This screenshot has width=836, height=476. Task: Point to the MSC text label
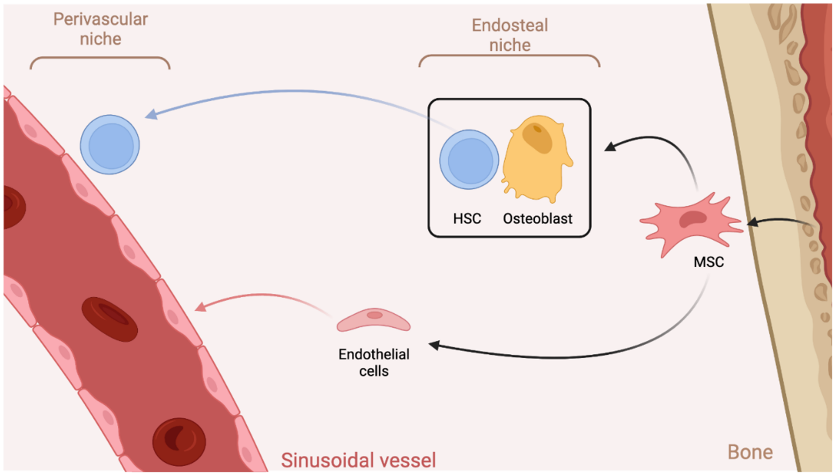[709, 262]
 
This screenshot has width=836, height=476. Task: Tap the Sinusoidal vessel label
[358, 460]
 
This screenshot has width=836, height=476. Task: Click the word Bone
[750, 452]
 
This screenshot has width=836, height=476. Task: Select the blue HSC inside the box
[469, 160]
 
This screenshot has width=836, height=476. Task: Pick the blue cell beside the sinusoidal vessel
[110, 144]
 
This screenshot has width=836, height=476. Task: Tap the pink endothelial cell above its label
[373, 320]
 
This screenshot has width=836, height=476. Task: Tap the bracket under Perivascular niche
[100, 58]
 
